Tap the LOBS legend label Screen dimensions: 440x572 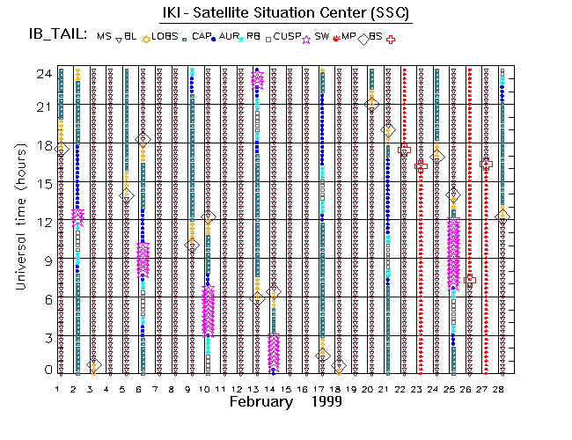tap(165, 36)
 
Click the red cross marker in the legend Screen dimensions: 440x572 tap(390, 39)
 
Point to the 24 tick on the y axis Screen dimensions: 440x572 tap(40, 75)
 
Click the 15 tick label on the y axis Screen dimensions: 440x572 tap(40, 184)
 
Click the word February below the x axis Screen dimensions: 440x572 tap(260, 401)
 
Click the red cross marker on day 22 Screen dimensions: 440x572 tap(404, 150)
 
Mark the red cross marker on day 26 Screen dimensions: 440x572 tap(470, 279)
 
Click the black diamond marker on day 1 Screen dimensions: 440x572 tap(61, 150)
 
